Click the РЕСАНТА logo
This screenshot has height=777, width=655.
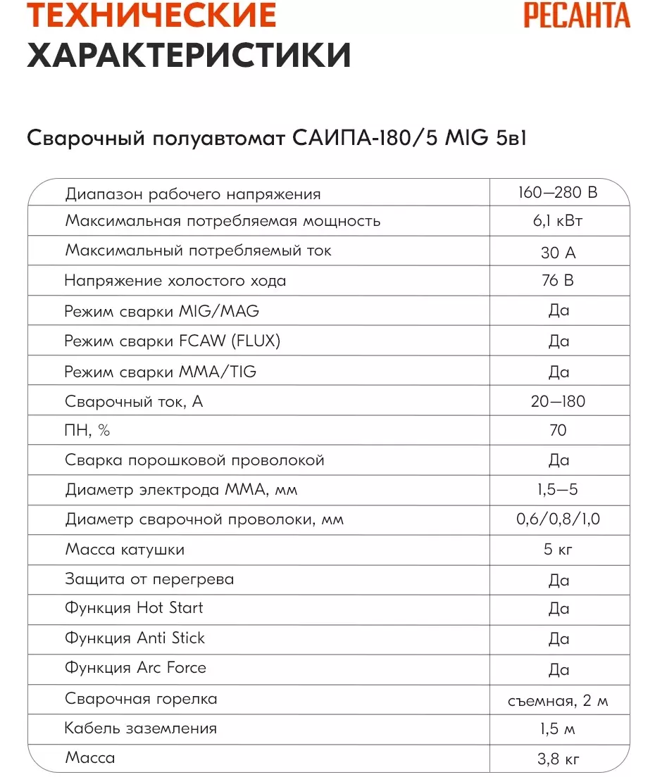(576, 15)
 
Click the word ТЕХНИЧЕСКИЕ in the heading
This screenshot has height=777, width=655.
(151, 15)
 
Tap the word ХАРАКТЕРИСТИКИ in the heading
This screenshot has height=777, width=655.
(189, 56)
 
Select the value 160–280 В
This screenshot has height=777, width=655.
(557, 193)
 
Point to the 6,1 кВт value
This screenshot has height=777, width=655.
(558, 221)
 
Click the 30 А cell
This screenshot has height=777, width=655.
(558, 252)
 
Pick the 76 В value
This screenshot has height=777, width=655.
(558, 281)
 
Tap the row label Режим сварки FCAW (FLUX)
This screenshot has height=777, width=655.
(173, 341)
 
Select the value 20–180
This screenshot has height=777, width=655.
(558, 401)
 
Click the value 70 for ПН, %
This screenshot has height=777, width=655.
(558, 430)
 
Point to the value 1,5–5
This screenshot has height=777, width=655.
(558, 490)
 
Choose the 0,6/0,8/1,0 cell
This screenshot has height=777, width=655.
(558, 520)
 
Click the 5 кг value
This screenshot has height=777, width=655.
(558, 550)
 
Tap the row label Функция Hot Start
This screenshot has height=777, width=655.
(134, 608)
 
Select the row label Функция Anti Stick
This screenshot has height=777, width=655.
(135, 638)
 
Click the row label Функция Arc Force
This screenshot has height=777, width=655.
(135, 668)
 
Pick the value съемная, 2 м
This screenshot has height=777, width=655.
(558, 700)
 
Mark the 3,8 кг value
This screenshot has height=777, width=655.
(558, 759)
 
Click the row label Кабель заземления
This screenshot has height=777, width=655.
(141, 728)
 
